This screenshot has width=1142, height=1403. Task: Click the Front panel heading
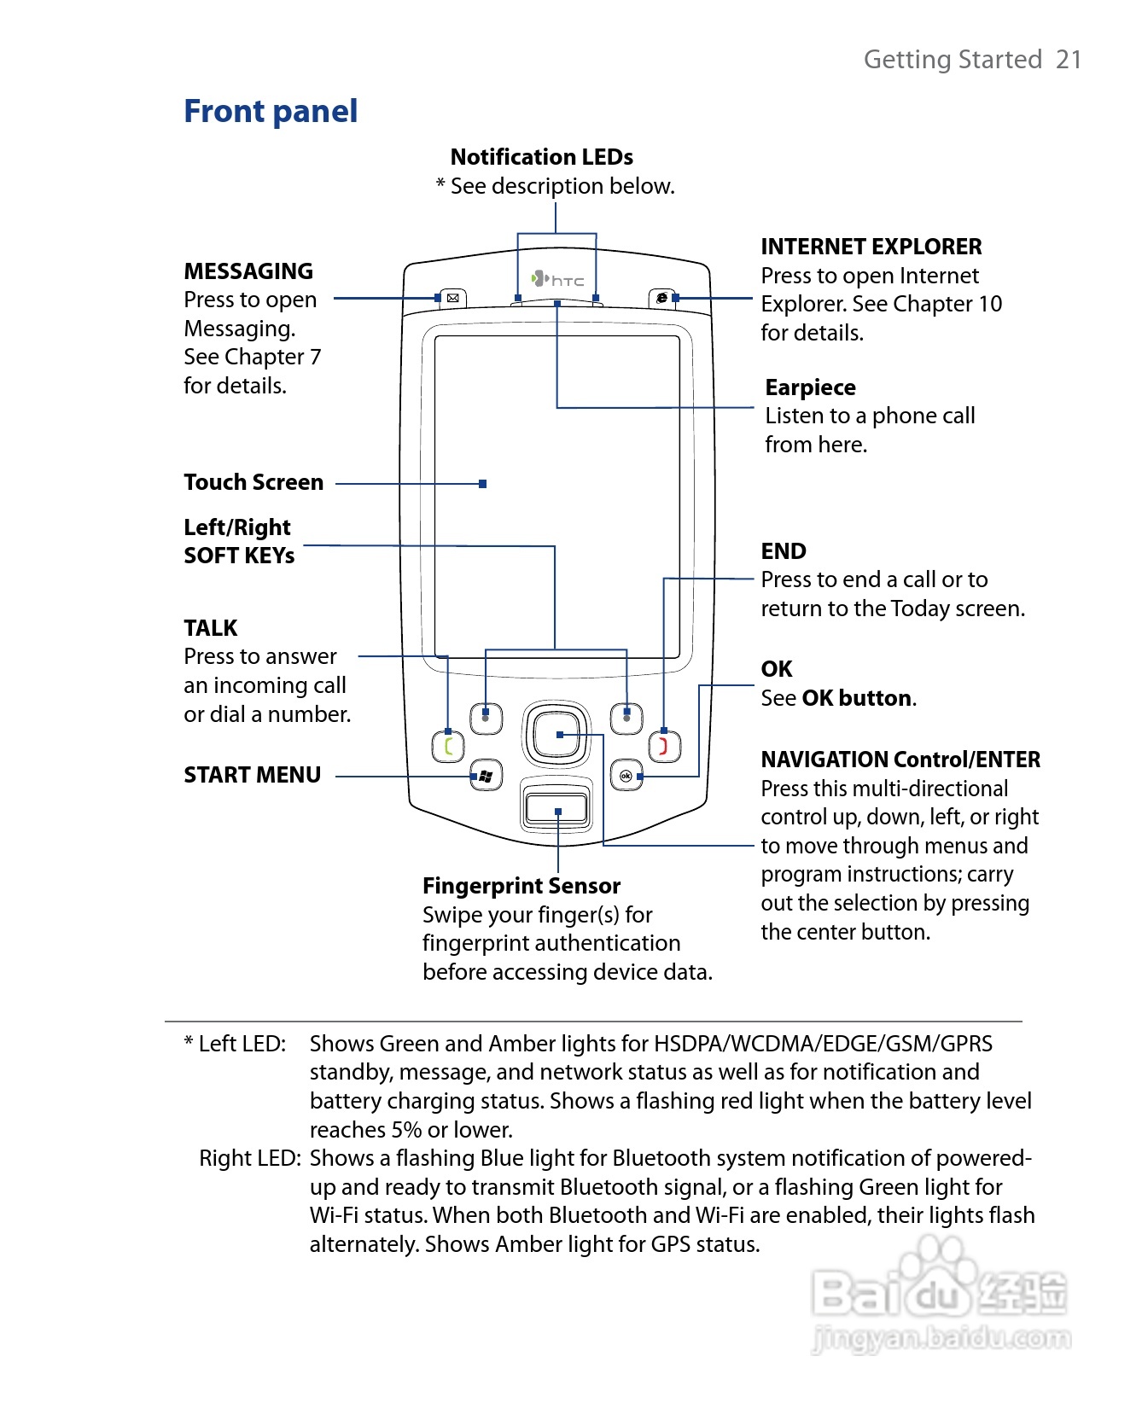(271, 112)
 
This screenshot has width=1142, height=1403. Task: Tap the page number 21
(1069, 60)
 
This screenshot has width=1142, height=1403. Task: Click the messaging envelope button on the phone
(452, 298)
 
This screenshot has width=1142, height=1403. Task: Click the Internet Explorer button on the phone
(661, 298)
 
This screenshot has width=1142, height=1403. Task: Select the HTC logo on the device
(558, 279)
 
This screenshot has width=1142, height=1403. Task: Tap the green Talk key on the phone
(448, 748)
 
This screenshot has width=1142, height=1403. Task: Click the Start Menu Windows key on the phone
(486, 776)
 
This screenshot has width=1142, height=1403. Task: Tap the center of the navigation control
(557, 734)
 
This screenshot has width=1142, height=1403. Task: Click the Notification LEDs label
(541, 158)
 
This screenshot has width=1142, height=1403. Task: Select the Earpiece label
(810, 388)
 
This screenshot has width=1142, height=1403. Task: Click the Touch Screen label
(253, 483)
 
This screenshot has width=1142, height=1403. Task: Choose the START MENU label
(252, 775)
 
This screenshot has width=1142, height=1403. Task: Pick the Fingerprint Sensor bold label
(521, 887)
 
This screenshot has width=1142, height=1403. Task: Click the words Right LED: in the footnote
(249, 1159)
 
